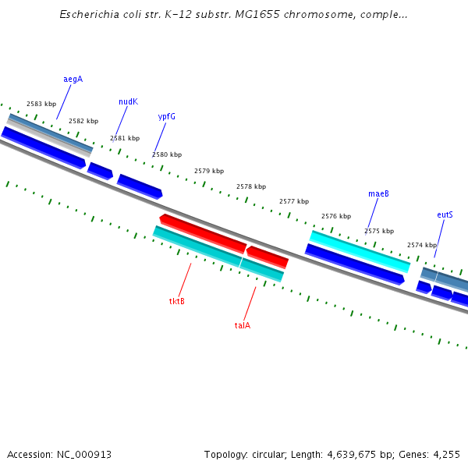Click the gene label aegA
point(73,80)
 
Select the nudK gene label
point(128,102)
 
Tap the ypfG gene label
point(166,116)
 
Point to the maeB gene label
point(378,193)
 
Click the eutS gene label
point(445,214)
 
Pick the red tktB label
point(177,301)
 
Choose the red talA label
point(243,325)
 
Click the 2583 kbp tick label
point(41,104)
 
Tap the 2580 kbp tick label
point(167,155)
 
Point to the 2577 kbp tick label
point(294,201)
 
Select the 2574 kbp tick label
point(422,245)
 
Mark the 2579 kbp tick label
point(209,171)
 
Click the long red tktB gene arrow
point(203,232)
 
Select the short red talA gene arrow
point(268,257)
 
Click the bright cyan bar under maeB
point(360,250)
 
